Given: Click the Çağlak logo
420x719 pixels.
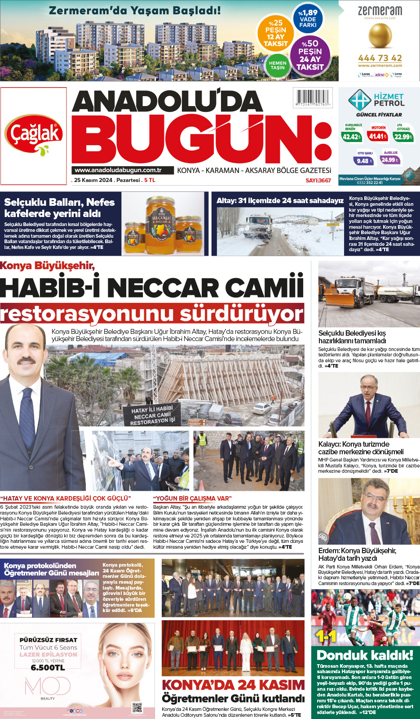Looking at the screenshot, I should point(34,135).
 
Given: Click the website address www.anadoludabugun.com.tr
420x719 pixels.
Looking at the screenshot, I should point(118,170).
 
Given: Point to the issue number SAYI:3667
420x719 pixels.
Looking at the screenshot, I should point(318,180).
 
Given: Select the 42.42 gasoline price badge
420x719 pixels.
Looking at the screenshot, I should point(351,137).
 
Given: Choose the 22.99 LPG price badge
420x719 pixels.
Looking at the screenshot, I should point(403,137).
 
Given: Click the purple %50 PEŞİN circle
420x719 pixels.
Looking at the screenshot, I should point(309,55).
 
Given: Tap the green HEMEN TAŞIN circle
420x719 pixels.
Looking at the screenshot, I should point(278,65).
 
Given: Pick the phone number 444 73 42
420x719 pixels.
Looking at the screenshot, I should point(380,58).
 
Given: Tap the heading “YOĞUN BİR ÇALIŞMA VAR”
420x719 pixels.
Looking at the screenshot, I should point(192,498).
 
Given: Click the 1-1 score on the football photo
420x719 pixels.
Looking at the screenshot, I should point(326,636).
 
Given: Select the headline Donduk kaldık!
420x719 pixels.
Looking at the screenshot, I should point(365,655).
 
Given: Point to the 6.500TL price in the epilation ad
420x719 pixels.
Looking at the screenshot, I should point(48,668).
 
